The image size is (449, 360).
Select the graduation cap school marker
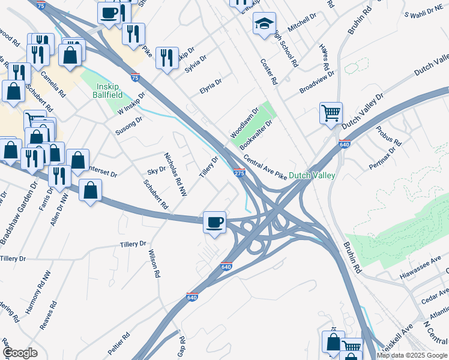pos(264,25)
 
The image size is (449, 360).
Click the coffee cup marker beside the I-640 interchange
pos(214,223)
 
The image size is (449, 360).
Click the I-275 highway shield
pos(239,173)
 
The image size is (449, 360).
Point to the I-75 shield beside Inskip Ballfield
pos(136,77)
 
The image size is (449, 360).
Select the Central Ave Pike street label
pos(265,166)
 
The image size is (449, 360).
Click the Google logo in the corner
pos(20,353)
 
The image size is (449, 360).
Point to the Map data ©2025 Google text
pos(412,355)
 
